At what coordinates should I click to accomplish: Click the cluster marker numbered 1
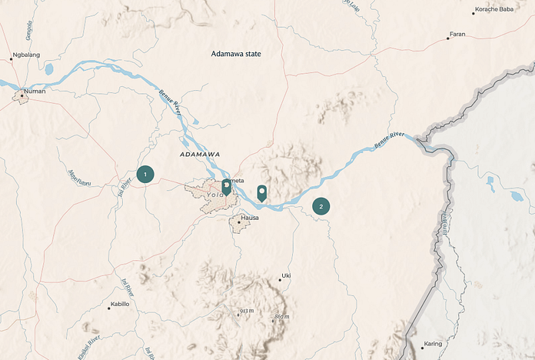[x=145, y=175]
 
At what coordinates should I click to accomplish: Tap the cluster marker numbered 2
[x=321, y=206]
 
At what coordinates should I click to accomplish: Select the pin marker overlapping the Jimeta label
[x=226, y=186]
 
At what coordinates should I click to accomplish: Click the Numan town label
[x=35, y=92]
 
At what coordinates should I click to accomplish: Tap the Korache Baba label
[x=494, y=9]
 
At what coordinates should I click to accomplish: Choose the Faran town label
[x=457, y=35]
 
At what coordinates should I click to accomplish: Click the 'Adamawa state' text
[x=237, y=54]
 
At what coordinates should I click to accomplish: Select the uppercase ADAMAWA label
[x=200, y=155]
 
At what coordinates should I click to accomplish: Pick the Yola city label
[x=215, y=195]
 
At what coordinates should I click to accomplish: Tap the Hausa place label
[x=250, y=218]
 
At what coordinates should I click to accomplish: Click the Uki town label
[x=287, y=275]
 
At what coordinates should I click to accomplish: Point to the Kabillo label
[x=120, y=304]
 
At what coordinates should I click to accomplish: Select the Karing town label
[x=434, y=343]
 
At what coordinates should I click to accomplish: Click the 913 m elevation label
[x=246, y=311]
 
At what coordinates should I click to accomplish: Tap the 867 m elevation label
[x=281, y=317]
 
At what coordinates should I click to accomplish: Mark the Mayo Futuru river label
[x=80, y=178]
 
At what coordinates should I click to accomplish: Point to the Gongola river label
[x=29, y=32]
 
